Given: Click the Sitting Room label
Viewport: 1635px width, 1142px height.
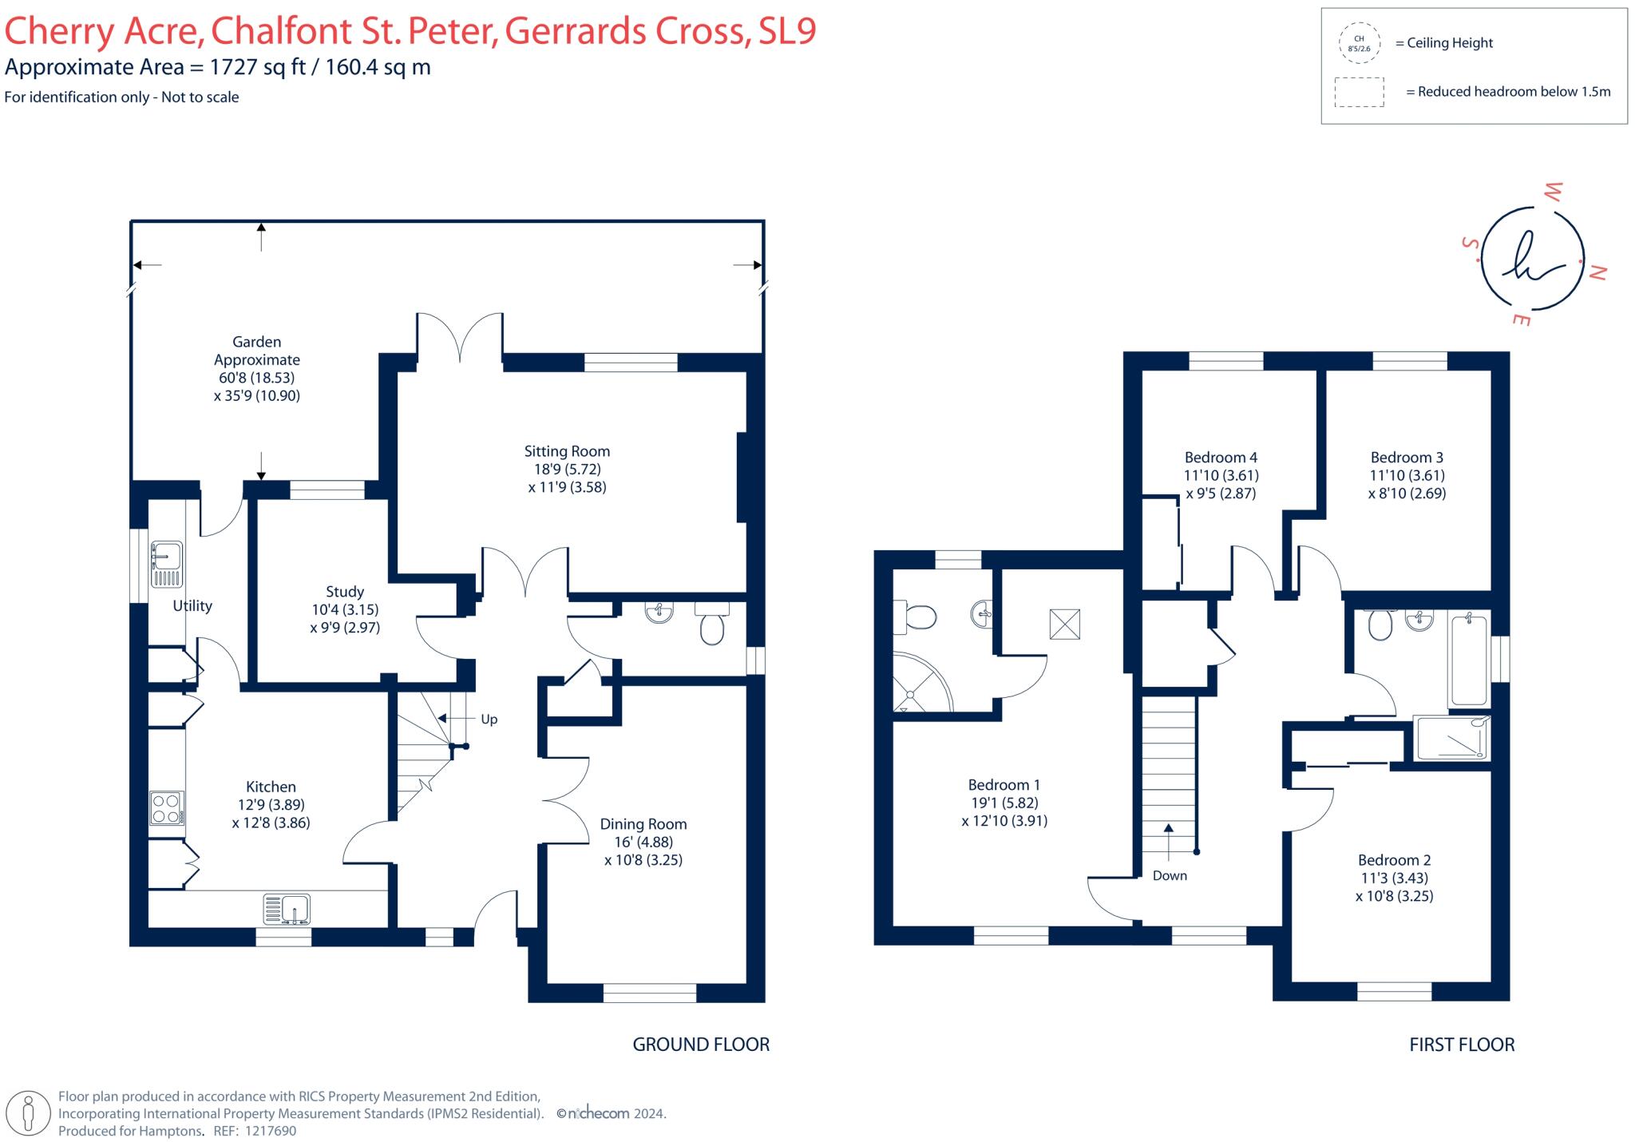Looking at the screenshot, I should pyautogui.click(x=567, y=451).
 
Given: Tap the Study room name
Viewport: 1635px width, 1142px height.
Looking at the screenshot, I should pyautogui.click(x=345, y=592).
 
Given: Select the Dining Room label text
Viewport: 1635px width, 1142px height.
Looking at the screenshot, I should pyautogui.click(x=643, y=824).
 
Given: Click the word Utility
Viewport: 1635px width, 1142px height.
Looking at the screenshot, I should pyautogui.click(x=192, y=606).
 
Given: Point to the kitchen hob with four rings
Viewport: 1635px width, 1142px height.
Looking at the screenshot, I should pyautogui.click(x=167, y=807).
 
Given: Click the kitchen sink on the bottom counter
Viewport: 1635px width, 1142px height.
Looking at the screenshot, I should pyautogui.click(x=287, y=909).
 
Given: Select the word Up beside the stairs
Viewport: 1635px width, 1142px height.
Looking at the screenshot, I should pyautogui.click(x=489, y=720).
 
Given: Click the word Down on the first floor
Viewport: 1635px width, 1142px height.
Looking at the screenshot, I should pyautogui.click(x=1170, y=876).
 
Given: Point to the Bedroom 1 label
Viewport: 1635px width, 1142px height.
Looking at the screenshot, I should pyautogui.click(x=1004, y=785).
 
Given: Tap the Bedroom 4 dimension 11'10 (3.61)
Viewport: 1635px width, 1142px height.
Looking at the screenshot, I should pyautogui.click(x=1221, y=475).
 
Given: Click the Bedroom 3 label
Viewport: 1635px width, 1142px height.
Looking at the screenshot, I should pyautogui.click(x=1407, y=458).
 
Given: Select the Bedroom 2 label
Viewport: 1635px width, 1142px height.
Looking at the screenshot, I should pyautogui.click(x=1394, y=860).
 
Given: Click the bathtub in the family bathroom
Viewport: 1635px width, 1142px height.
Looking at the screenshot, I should pyautogui.click(x=1468, y=660).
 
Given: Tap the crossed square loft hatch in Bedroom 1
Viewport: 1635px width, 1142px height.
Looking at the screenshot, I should pyautogui.click(x=1064, y=624).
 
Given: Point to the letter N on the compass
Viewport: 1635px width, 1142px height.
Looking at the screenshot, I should pyautogui.click(x=1597, y=272).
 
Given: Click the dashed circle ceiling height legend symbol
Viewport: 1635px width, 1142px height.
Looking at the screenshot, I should pyautogui.click(x=1359, y=43).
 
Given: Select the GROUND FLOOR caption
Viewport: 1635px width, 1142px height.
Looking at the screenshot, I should pyautogui.click(x=701, y=1045).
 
